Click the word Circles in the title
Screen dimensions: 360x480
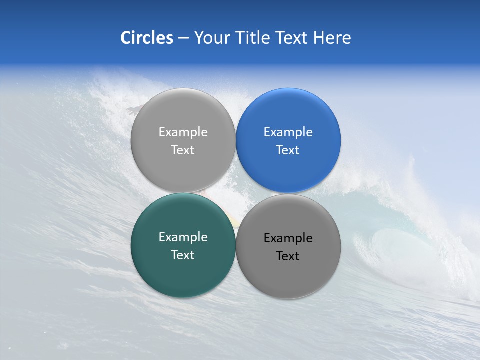146,38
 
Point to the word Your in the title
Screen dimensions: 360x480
212,38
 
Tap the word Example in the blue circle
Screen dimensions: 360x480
288,132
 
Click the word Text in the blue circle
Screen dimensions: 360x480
288,150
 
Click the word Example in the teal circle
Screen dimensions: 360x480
183,237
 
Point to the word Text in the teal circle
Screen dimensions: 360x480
183,255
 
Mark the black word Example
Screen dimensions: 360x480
288,238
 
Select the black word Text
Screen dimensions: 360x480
288,256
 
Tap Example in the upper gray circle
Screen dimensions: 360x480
183,132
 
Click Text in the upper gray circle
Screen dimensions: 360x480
183,150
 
